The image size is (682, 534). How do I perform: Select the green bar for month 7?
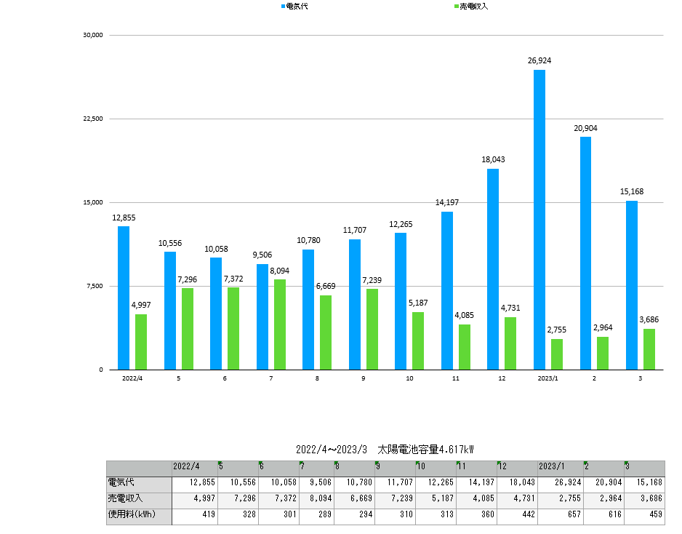280,324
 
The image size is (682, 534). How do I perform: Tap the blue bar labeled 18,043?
493,269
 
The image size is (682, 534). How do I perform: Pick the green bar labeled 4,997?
140,342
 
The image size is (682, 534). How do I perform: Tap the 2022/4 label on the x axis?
132,379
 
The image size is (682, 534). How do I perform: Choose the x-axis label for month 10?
409,379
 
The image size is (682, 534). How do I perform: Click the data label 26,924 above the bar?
539,61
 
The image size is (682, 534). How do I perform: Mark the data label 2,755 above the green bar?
556,330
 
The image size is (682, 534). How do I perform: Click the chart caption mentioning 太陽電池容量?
385,450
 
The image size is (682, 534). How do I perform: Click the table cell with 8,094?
316,499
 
